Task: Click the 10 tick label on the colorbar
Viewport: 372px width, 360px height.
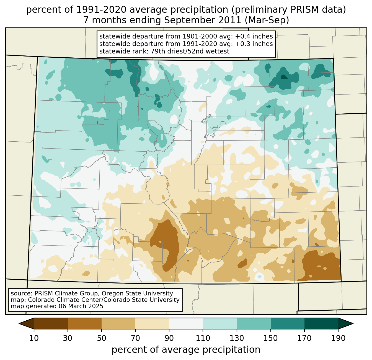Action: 34,338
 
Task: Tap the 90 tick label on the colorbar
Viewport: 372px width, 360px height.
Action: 169,338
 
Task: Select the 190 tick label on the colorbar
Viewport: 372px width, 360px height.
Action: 338,338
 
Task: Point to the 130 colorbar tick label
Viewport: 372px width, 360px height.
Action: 237,338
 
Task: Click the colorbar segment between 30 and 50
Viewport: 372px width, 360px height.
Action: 85,323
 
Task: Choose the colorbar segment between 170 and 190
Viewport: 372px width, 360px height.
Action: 321,323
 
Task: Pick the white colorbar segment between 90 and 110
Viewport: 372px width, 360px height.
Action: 186,323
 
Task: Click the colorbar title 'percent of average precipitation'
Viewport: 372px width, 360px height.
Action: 186,350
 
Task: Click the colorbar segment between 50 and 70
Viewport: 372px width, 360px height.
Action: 118,323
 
